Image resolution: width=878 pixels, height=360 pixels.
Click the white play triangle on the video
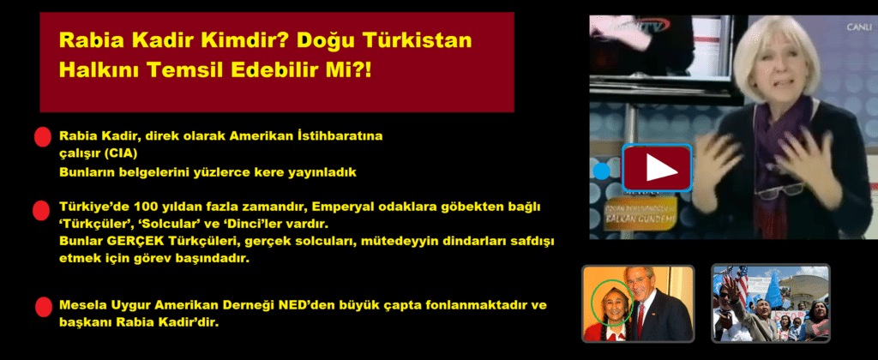[x=661, y=167]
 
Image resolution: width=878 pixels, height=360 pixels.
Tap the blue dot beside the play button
[x=601, y=171]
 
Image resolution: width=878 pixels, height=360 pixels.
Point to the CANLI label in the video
[x=858, y=27]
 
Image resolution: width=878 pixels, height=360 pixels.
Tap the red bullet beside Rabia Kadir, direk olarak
[x=43, y=138]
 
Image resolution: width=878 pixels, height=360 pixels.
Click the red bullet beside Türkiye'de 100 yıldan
[x=41, y=211]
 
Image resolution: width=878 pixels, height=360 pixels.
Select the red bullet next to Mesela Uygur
[x=43, y=308]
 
